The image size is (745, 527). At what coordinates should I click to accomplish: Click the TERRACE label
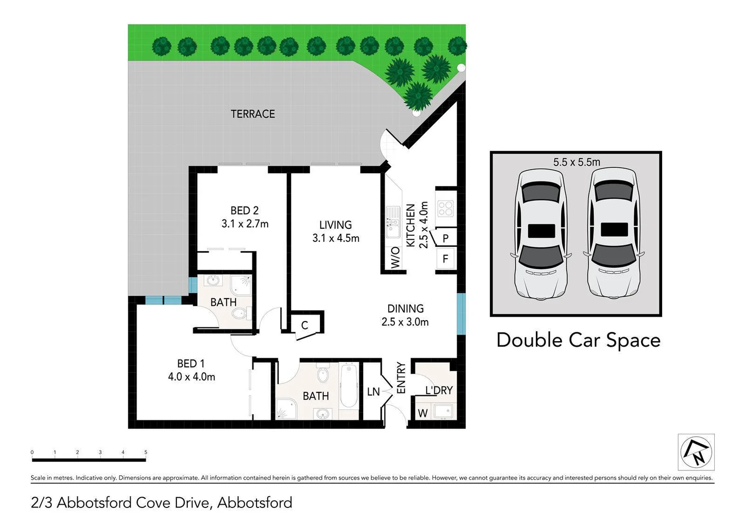[253, 114]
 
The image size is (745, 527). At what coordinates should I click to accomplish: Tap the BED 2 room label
[244, 211]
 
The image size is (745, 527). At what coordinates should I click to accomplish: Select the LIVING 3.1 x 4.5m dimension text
[335, 238]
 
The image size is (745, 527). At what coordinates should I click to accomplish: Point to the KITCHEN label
[411, 225]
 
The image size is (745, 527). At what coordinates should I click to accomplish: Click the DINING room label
[405, 308]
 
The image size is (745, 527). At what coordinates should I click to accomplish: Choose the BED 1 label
[191, 364]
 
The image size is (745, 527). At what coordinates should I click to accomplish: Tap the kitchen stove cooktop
[446, 208]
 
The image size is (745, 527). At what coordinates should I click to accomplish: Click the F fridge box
[445, 259]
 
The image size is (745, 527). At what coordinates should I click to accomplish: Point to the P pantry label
[446, 239]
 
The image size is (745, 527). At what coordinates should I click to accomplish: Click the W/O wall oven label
[395, 257]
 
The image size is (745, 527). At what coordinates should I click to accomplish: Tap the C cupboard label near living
[304, 325]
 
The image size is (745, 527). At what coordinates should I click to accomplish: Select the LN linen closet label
[373, 391]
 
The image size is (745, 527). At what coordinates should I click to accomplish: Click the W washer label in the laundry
[422, 413]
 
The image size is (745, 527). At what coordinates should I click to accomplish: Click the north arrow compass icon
[696, 452]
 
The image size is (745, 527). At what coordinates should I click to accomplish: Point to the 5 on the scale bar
[145, 452]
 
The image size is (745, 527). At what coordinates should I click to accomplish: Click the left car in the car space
[541, 233]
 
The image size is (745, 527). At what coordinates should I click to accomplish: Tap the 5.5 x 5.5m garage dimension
[576, 162]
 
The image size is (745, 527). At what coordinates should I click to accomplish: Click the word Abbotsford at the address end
[255, 503]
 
